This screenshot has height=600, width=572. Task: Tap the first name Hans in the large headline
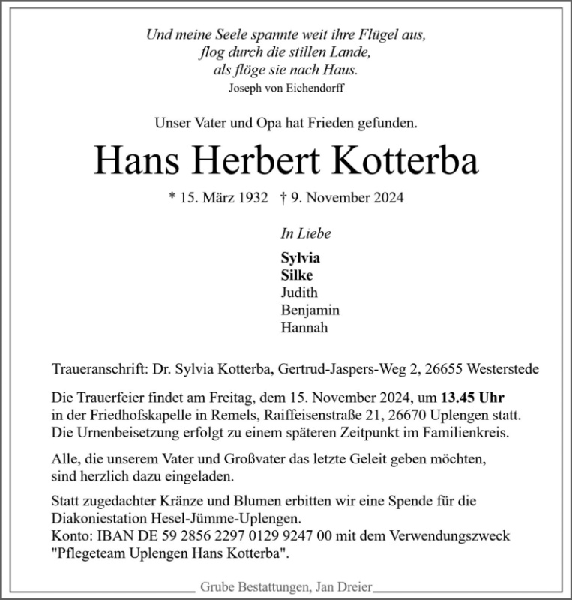click(133, 160)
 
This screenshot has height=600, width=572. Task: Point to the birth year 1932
click(252, 198)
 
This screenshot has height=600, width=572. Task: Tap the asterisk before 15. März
click(173, 198)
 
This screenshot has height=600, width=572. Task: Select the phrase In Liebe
click(305, 233)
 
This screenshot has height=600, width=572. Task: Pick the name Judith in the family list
click(299, 292)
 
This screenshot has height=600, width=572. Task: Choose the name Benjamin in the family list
click(310, 310)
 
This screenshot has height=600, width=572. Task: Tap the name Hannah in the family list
click(304, 328)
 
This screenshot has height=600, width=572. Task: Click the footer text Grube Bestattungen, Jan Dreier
click(286, 588)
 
